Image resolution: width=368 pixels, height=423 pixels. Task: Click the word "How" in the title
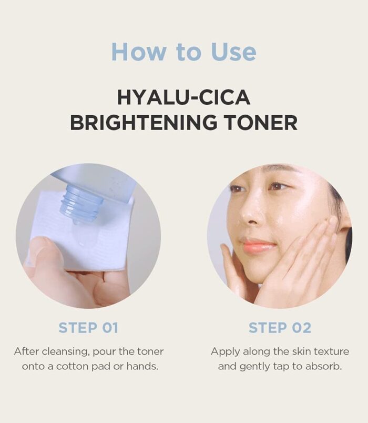coord(138,51)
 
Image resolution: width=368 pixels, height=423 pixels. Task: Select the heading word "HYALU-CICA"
coord(184,97)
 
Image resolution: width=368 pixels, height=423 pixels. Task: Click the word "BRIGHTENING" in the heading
coord(144,122)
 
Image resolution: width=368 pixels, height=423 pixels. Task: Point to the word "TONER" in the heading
coord(261,122)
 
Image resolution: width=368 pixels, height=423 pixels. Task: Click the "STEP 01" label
coord(88,328)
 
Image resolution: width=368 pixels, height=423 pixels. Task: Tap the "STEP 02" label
coord(280,328)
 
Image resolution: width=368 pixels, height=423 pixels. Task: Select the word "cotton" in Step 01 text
coord(72,367)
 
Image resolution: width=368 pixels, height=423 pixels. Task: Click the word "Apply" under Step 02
coord(226,352)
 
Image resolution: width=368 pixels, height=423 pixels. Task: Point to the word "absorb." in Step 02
coord(324,366)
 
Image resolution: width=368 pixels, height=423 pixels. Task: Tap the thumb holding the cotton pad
coord(43,253)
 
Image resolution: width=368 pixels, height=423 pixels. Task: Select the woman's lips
coord(258,245)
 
